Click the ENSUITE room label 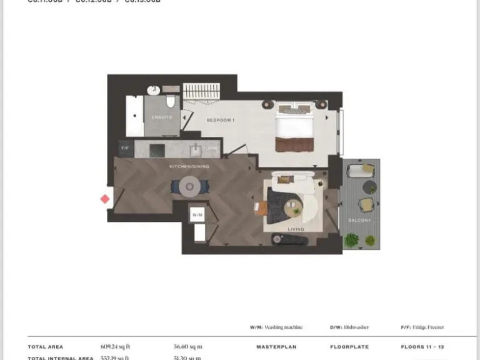click(162, 117)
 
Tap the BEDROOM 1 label click(221, 119)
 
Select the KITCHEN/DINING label click(189, 167)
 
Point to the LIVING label click(296, 229)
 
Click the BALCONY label click(360, 220)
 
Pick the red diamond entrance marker click(105, 199)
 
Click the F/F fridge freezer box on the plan click(124, 148)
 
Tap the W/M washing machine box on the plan click(197, 215)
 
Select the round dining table click(190, 186)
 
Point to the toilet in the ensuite click(171, 102)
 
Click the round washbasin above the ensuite click(153, 91)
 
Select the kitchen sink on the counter click(195, 149)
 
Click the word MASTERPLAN click(276, 346)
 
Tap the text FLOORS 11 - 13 click(422, 346)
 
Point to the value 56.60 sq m click(187, 346)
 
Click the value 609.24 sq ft click(116, 346)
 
